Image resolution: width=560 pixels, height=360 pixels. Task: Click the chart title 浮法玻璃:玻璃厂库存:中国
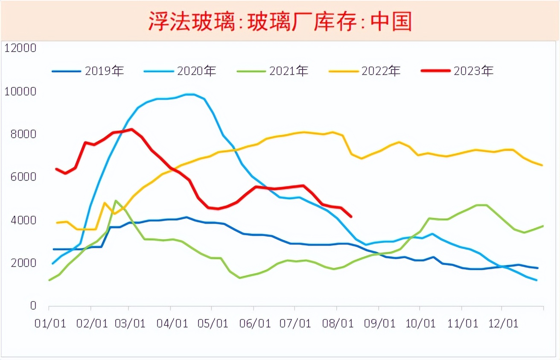pos(280,21)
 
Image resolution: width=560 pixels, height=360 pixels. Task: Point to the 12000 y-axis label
pos(20,48)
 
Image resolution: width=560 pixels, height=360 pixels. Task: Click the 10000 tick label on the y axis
pos(20,91)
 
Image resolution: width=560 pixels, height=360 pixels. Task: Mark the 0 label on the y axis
pos(32,306)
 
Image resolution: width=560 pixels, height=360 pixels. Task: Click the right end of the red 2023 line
pos(351,216)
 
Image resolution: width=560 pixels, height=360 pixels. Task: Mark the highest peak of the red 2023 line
pos(131,129)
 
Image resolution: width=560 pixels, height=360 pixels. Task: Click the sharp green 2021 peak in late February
pos(116,200)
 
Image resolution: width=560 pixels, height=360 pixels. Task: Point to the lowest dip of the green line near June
pos(240,278)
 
